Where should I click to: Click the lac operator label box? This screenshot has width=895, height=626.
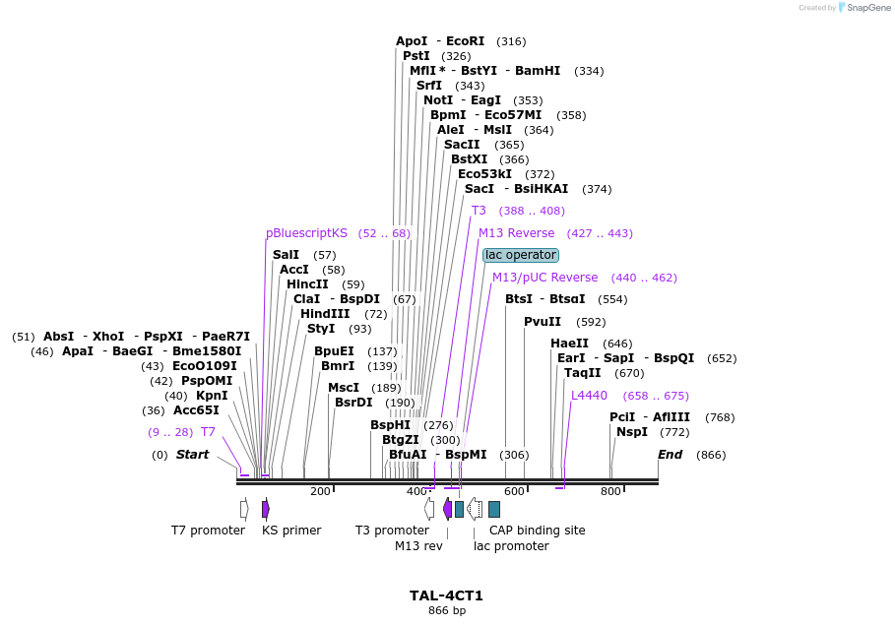click(521, 256)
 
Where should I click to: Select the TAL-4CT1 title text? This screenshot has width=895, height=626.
click(446, 595)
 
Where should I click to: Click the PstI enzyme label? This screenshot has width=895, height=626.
click(416, 56)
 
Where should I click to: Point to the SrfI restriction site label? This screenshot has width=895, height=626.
click(429, 86)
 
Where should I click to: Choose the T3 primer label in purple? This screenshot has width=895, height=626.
click(479, 211)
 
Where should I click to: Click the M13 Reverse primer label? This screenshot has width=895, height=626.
click(516, 233)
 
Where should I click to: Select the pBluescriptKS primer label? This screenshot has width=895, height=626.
click(306, 233)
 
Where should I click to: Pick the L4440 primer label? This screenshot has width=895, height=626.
click(589, 396)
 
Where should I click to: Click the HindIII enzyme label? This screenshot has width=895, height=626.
click(325, 314)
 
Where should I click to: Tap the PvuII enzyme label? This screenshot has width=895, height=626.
click(543, 322)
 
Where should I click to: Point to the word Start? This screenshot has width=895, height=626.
click(192, 455)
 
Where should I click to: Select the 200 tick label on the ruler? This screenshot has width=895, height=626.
click(320, 491)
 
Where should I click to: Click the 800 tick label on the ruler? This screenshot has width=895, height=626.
click(610, 491)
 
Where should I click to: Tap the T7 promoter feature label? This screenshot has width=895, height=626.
click(208, 531)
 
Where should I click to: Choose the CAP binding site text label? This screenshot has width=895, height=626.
click(537, 531)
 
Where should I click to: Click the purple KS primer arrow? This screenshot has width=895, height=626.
click(266, 509)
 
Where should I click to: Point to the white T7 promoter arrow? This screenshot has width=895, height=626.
click(244, 509)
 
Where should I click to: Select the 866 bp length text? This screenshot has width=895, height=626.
click(446, 611)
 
